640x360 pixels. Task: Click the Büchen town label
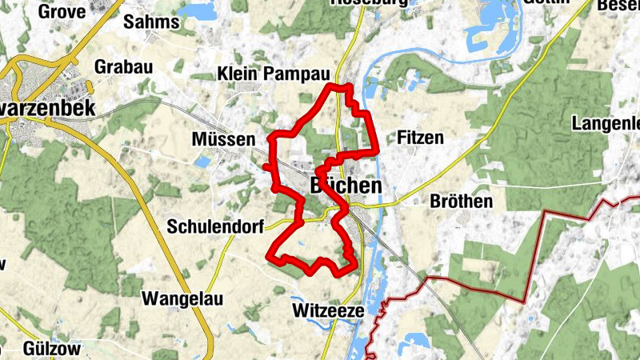click(345, 186)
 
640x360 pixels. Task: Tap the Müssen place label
click(223, 139)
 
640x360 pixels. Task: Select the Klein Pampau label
click(273, 74)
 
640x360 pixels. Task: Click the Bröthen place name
click(461, 201)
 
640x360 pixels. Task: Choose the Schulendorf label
click(215, 227)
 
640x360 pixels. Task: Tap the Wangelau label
click(183, 299)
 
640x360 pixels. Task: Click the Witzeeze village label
click(329, 310)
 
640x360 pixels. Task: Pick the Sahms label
click(150, 22)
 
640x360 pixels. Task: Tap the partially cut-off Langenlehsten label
click(606, 123)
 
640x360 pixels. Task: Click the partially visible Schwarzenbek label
click(48, 108)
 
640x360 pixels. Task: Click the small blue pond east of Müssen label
click(203, 162)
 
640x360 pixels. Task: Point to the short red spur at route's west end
click(266, 166)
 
